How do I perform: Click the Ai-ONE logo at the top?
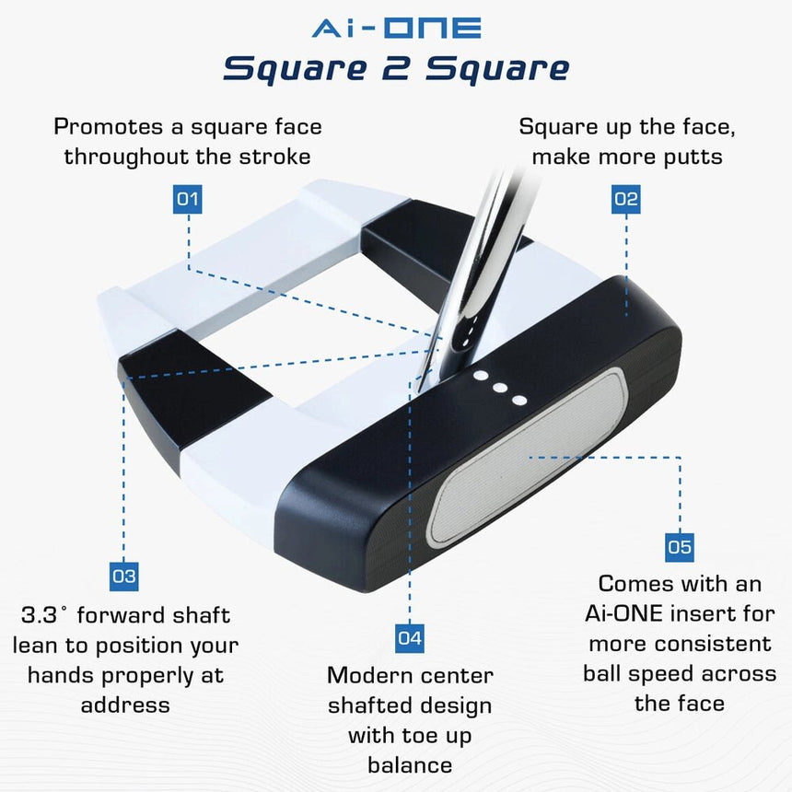pyautogui.click(x=396, y=28)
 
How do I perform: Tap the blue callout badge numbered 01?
pyautogui.click(x=188, y=199)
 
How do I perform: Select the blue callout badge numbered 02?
pyautogui.click(x=625, y=199)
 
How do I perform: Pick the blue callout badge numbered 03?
pyautogui.click(x=123, y=577)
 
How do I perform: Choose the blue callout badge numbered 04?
pyautogui.click(x=410, y=637)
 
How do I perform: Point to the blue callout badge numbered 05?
pyautogui.click(x=679, y=547)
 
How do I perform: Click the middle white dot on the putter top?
pyautogui.click(x=500, y=388)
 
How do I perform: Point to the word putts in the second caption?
pyautogui.click(x=690, y=157)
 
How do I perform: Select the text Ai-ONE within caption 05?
pyautogui.click(x=629, y=613)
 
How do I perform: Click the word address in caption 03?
pyautogui.click(x=125, y=705)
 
